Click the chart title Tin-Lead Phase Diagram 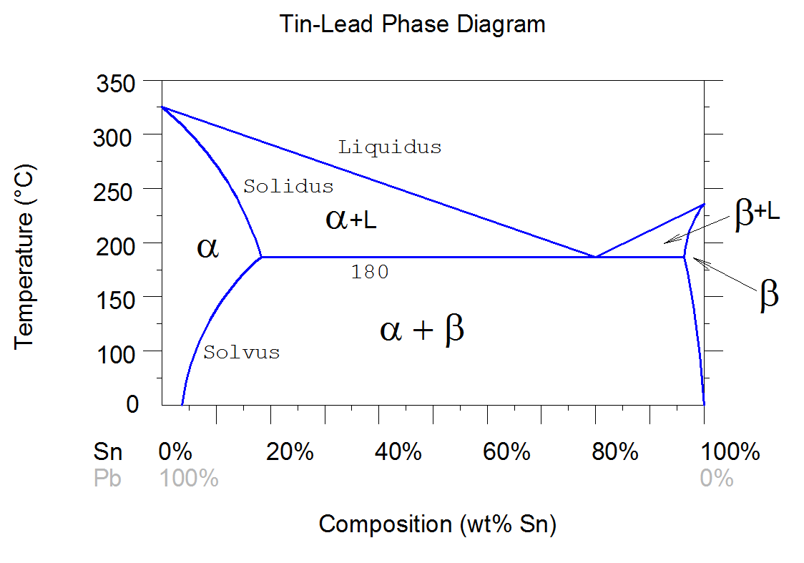click(x=412, y=24)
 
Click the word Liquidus click(x=390, y=148)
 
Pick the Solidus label click(x=288, y=187)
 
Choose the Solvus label click(x=242, y=353)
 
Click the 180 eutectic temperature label click(x=370, y=273)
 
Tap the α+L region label click(x=350, y=220)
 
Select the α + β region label click(x=423, y=330)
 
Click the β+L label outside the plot click(x=757, y=214)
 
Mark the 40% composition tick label click(x=398, y=452)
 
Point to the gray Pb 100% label click(x=188, y=479)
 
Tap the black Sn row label click(x=108, y=452)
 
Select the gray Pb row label click(x=108, y=479)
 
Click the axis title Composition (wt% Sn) click(x=437, y=524)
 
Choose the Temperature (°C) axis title click(x=25, y=256)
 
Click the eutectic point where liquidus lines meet click(x=595, y=256)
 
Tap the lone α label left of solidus click(x=207, y=249)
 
